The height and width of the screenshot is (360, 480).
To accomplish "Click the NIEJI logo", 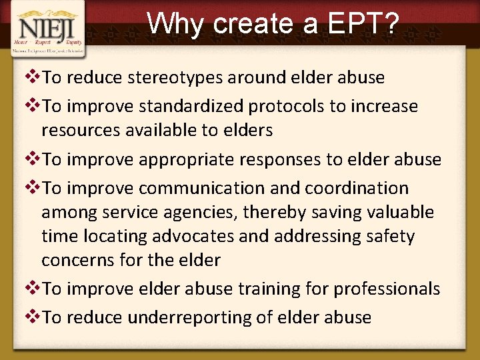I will (x=47, y=29).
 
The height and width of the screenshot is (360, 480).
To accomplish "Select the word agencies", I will (x=196, y=213).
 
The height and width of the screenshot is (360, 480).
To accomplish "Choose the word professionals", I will (x=387, y=289).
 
